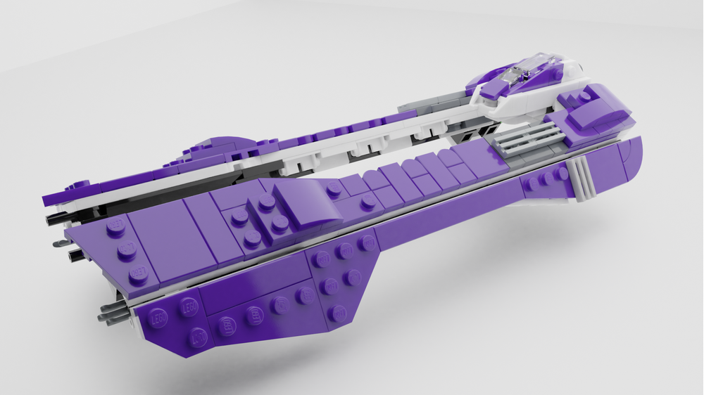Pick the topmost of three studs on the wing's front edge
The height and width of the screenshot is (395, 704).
pyautogui.click(x=116, y=228)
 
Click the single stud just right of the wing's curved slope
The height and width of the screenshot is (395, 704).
pyautogui.click(x=367, y=202)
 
